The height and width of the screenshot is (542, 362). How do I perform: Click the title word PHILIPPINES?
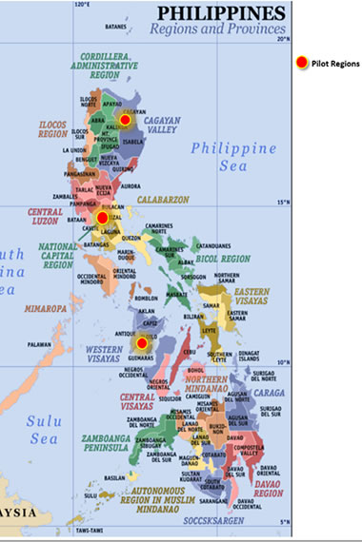pos(220,13)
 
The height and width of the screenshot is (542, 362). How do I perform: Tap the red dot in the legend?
pos(301,63)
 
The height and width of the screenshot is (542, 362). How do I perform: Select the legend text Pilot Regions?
pos(335,63)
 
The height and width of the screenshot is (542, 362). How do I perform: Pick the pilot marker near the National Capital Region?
pos(102,218)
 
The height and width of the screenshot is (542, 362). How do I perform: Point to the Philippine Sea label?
pos(232,157)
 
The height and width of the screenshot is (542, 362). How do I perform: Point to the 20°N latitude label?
pos(282,40)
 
